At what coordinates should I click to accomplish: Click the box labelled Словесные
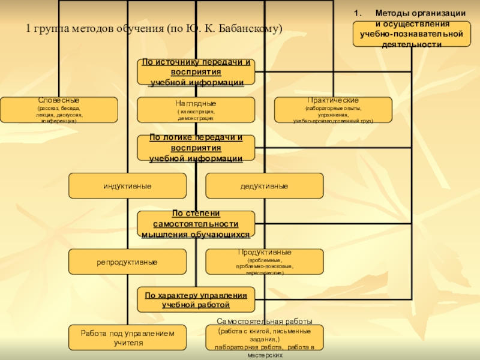59,110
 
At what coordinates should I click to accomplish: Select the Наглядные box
196,110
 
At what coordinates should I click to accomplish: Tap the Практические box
333,110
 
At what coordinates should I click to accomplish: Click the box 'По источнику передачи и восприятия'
196,72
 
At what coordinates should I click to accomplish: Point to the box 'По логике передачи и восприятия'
196,148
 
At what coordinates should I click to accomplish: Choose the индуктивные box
127,186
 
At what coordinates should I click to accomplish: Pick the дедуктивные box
264,186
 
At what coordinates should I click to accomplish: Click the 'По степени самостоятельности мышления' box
196,224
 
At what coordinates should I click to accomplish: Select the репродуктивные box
127,262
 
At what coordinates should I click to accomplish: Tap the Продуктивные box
264,262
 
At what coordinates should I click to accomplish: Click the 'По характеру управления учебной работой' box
196,299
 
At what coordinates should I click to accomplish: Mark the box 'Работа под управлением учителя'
127,338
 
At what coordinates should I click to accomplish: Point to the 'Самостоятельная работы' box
264,338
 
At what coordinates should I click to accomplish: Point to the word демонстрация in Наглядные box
196,119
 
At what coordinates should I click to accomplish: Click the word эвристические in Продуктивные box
264,272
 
